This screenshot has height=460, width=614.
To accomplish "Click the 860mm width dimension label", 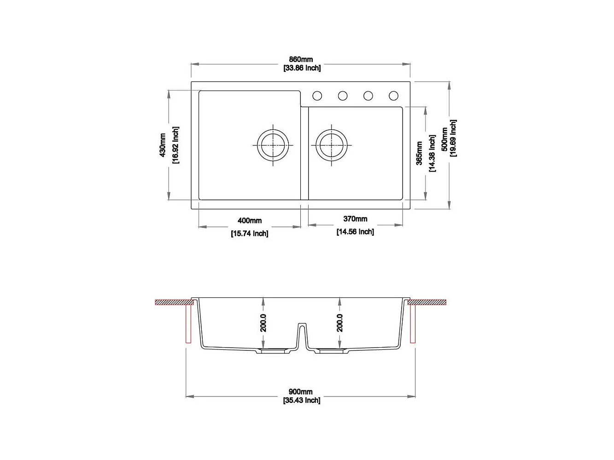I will (301, 59).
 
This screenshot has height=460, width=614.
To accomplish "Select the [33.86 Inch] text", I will (302, 68).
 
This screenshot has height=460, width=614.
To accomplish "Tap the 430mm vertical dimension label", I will (163, 145).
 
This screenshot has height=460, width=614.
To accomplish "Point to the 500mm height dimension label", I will (444, 139).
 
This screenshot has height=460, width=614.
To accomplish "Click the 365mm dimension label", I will (419, 153).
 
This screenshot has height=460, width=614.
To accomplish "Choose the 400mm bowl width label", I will (250, 221).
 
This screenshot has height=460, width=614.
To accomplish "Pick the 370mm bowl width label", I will (355, 219).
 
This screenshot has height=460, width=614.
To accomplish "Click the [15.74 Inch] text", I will (250, 234).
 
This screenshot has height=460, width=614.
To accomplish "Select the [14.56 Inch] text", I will (355, 232).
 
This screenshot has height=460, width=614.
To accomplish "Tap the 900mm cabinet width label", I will (301, 392).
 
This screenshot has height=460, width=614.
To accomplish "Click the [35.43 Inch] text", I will (302, 401).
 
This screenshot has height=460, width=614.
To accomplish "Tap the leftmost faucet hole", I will (317, 96).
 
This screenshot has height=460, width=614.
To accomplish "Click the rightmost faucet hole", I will (393, 96).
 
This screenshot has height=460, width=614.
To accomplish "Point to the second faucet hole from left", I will (343, 96).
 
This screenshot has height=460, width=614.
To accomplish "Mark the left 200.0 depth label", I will (263, 323).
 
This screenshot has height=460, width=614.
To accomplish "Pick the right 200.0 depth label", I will (340, 323).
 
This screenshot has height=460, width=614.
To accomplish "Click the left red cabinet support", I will (188, 325).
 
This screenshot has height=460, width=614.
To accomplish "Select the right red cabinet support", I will (413, 325).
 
